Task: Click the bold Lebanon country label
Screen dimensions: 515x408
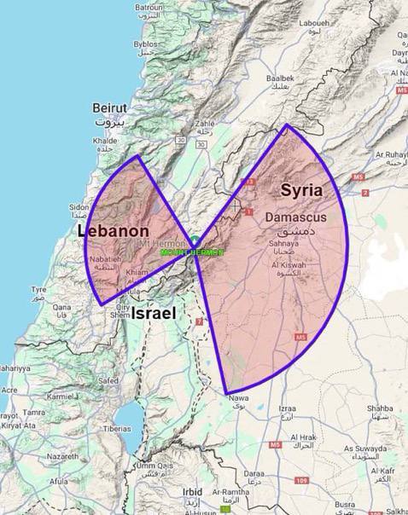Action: (x=114, y=231)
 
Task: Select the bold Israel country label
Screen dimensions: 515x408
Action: (x=154, y=314)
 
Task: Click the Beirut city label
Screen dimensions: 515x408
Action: (x=109, y=108)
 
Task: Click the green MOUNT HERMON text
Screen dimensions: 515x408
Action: (x=192, y=252)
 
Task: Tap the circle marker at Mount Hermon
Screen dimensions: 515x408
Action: (x=195, y=241)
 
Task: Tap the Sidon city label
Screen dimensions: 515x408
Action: (x=79, y=206)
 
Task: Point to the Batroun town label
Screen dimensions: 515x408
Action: (x=149, y=7)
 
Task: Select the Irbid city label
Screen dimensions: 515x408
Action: (x=193, y=492)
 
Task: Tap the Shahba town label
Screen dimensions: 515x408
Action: (x=379, y=408)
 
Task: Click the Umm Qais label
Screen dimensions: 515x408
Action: (x=154, y=466)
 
